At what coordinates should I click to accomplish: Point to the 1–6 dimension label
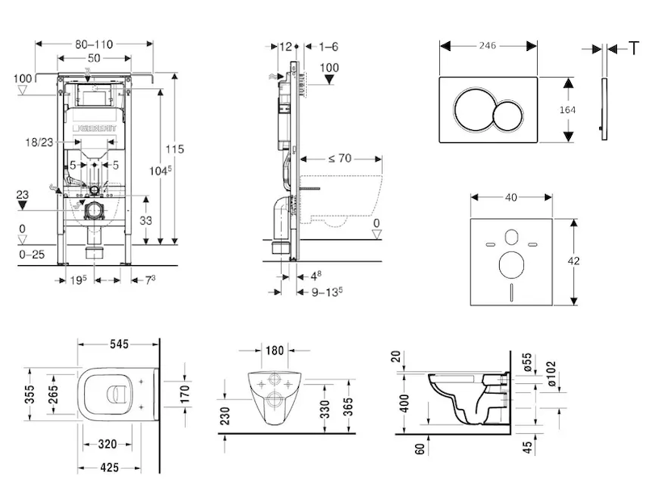tap(328, 46)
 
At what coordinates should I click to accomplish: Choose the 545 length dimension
tap(120, 343)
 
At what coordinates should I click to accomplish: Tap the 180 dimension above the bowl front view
tap(275, 350)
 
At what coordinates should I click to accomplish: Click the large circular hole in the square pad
tap(511, 264)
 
